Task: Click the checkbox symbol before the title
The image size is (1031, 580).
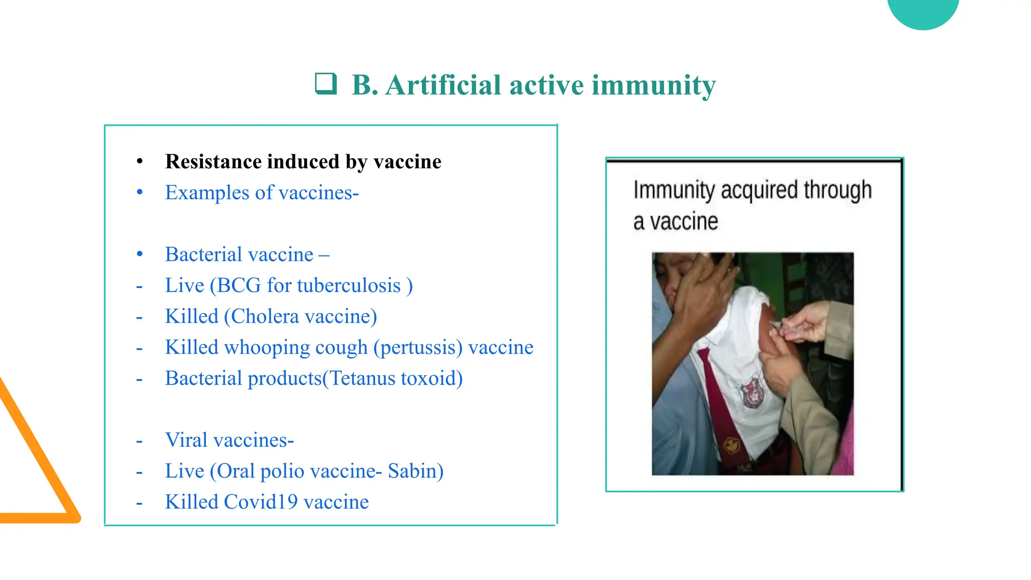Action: coord(326,84)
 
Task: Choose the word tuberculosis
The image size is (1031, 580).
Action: coord(348,285)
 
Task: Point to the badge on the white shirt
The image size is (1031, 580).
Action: coord(751,392)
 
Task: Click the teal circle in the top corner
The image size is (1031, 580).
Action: coord(923,11)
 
